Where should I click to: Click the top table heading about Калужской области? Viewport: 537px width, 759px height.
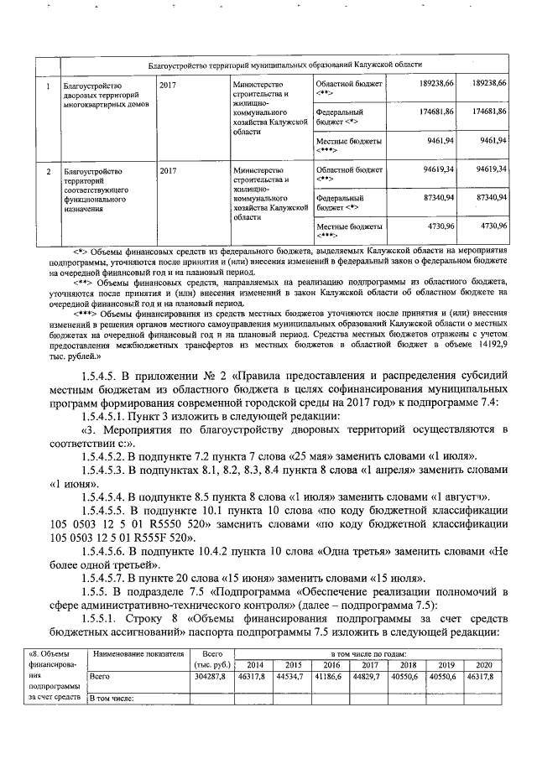click(285, 64)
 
